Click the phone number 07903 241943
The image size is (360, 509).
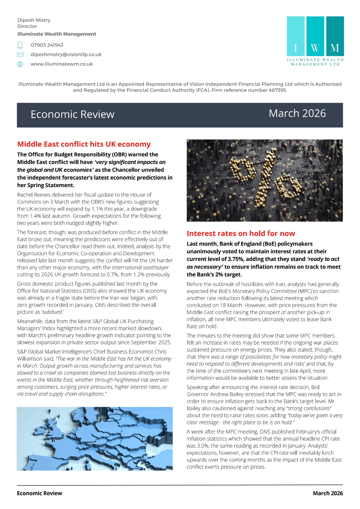[x=47, y=45]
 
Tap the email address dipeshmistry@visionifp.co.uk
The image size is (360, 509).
[x=66, y=54]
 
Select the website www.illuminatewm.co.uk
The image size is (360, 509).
[x=62, y=64]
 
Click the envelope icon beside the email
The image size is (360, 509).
[x=20, y=55]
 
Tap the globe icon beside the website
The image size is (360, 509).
[x=20, y=64]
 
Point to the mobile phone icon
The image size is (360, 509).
[x=20, y=45]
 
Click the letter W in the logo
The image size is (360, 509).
[x=315, y=48]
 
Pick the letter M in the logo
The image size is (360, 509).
[x=335, y=48]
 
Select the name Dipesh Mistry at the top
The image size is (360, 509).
[x=34, y=20]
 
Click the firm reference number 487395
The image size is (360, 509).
[x=277, y=90]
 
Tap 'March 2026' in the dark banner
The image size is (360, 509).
[x=297, y=113]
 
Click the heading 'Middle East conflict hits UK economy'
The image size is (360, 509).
[x=84, y=144]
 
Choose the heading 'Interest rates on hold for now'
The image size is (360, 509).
[x=241, y=233]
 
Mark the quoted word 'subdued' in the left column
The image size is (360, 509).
[x=52, y=312]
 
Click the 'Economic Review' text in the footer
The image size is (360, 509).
[x=40, y=493]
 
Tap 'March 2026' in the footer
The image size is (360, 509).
[x=328, y=493]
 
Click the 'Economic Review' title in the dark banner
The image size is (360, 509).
[x=73, y=115]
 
